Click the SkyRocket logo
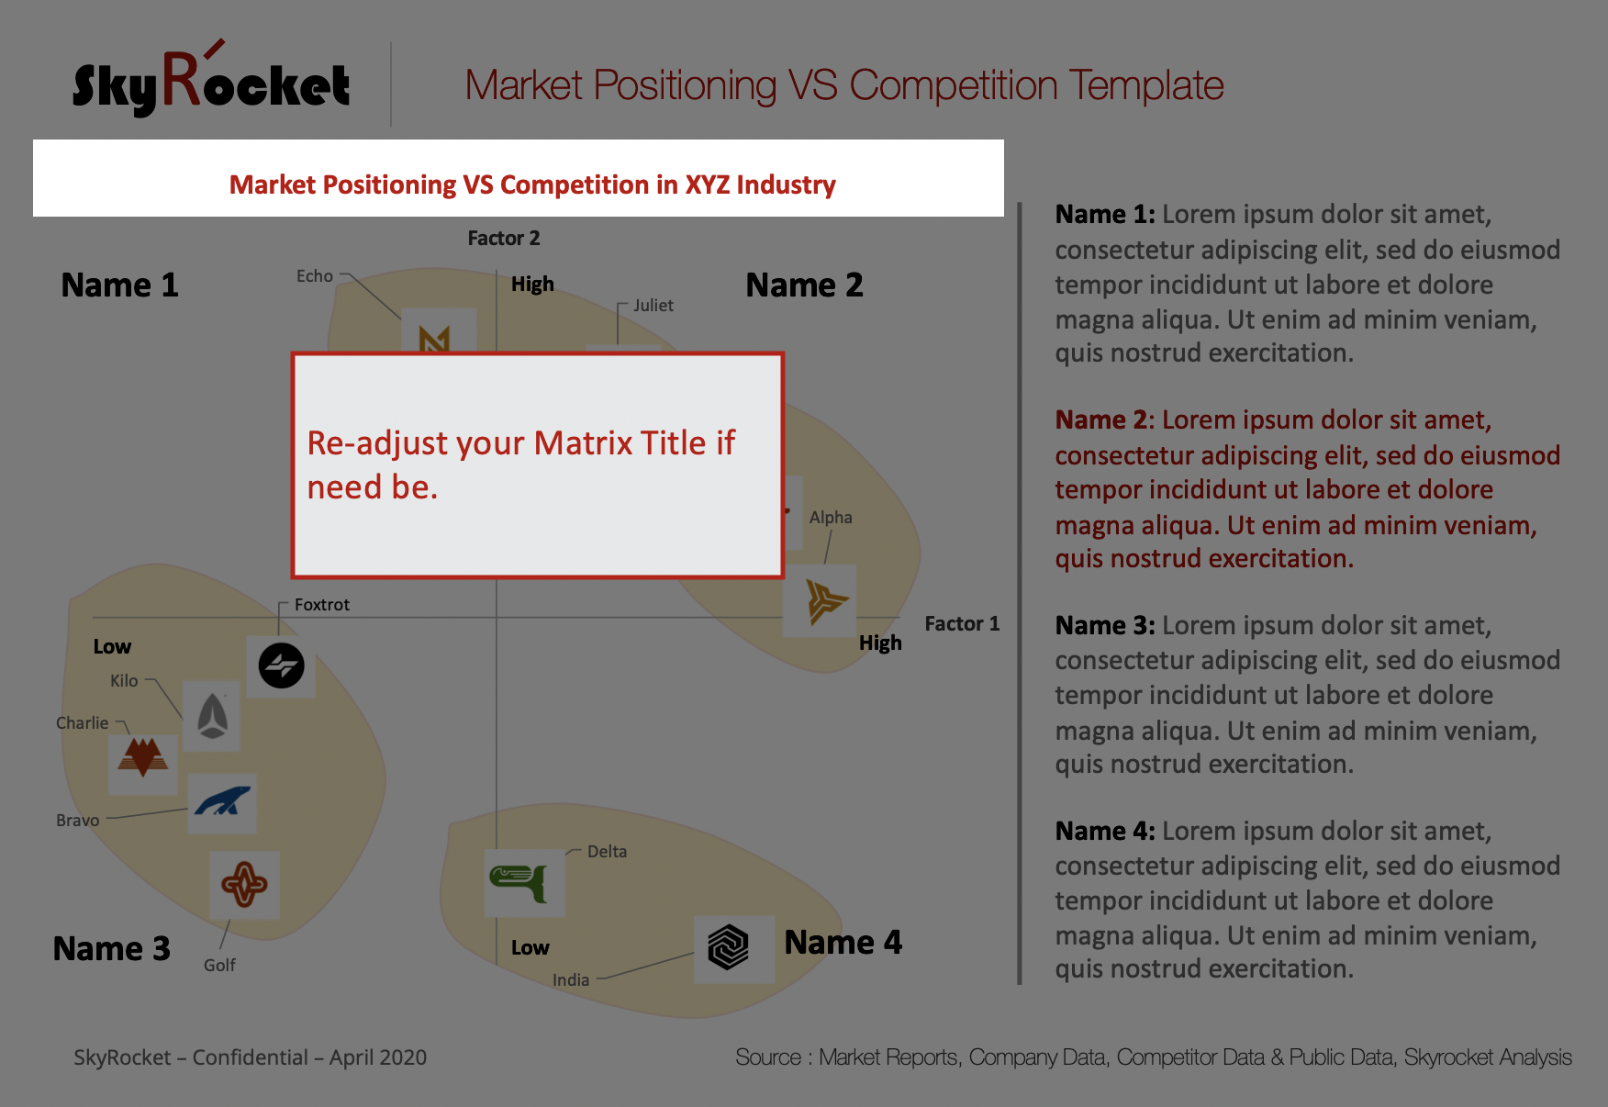[211, 81]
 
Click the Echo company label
[315, 275]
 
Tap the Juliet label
[653, 306]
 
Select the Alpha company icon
[826, 601]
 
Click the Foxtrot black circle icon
[281, 665]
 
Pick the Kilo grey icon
[212, 716]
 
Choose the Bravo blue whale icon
[222, 801]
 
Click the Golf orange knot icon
[244, 885]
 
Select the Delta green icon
[521, 883]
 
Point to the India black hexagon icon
[729, 947]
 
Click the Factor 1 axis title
[962, 624]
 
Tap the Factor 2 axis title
[504, 239]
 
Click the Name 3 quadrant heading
[112, 948]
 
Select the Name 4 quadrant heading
[843, 943]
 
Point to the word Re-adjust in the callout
[377, 443]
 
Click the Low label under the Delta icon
[530, 948]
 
